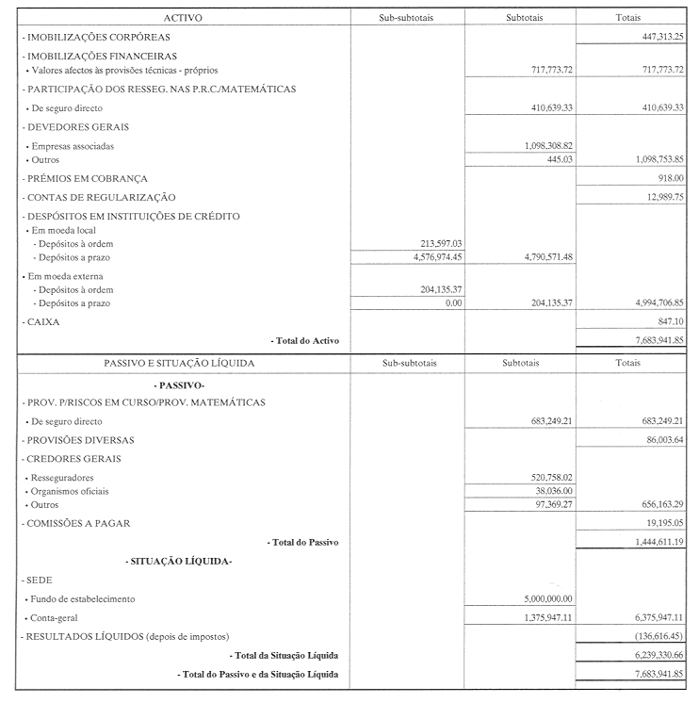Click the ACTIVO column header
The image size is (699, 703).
click(183, 18)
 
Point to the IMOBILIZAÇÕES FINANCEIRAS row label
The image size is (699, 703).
click(86, 57)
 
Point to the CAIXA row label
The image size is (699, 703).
click(39, 322)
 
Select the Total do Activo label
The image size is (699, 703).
click(304, 340)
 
